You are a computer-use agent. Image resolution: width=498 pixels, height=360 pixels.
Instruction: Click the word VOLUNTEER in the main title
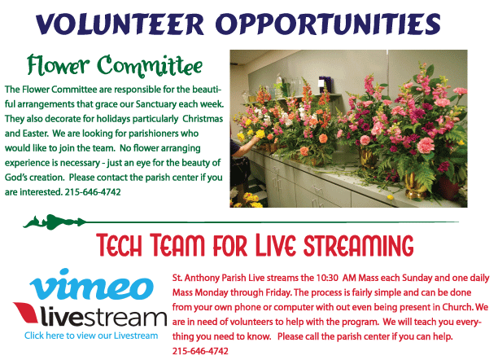[x=120, y=24]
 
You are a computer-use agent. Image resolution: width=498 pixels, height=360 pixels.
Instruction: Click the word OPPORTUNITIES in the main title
[x=328, y=24]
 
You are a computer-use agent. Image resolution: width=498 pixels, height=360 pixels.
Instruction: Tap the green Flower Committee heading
[x=115, y=66]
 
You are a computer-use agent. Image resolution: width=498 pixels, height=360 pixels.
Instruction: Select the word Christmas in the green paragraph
[x=203, y=119]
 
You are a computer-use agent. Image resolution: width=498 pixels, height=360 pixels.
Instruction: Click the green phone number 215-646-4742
[x=93, y=192]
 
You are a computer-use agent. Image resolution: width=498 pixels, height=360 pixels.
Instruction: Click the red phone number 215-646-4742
[x=200, y=351]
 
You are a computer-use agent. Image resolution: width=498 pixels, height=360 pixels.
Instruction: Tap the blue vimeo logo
[x=92, y=284]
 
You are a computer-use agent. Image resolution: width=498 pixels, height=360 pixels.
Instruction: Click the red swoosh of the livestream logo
[x=26, y=312]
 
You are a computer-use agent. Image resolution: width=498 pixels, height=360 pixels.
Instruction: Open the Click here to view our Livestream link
[x=91, y=336]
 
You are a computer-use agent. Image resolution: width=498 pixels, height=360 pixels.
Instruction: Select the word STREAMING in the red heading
[x=359, y=245]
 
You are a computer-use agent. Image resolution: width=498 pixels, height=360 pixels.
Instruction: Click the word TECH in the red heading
[x=119, y=245]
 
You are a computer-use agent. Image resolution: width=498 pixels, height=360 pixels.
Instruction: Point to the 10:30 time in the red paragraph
[x=327, y=278]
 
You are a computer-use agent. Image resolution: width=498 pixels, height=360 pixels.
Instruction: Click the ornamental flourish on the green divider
[x=55, y=222]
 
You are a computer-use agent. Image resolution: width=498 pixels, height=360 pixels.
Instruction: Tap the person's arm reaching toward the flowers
[x=245, y=146]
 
